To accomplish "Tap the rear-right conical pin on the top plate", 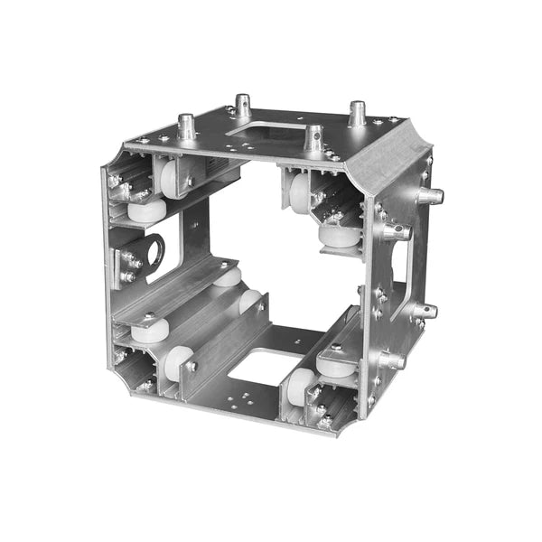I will click(357, 113).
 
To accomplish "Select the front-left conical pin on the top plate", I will click(187, 126).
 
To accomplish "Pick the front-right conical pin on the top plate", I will click(313, 137).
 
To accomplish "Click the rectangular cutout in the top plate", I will click(270, 132).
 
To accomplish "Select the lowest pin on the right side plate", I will click(392, 360).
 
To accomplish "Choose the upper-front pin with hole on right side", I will click(396, 231).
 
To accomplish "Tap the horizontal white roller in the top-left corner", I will click(146, 210).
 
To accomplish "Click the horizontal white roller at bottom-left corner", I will click(149, 330).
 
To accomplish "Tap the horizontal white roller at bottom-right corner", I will click(337, 363).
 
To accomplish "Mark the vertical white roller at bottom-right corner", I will click(298, 386).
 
